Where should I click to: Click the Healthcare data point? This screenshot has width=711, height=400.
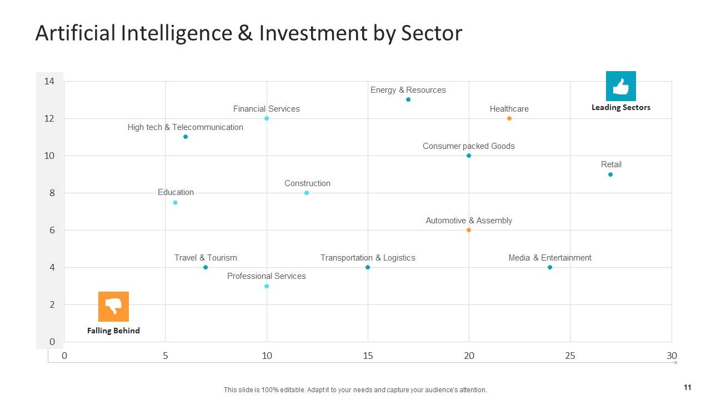click(509, 118)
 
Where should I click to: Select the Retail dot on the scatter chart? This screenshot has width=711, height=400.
click(610, 174)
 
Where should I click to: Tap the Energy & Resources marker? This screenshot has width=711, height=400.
click(408, 99)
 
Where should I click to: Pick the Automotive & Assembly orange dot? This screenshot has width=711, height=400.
click(468, 230)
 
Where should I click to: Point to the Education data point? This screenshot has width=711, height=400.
click(175, 203)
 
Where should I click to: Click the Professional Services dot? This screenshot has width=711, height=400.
click(267, 286)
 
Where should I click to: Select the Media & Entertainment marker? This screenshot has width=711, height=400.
click(550, 267)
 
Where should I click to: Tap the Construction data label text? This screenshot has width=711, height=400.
click(307, 183)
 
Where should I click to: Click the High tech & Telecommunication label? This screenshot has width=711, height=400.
click(186, 127)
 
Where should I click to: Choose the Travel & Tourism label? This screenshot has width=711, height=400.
click(206, 257)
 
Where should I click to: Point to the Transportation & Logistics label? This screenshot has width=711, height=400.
click(368, 258)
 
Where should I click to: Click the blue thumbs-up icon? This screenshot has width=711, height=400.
click(621, 86)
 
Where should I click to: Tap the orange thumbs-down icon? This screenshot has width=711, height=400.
click(113, 307)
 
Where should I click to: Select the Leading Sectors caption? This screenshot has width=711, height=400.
click(621, 108)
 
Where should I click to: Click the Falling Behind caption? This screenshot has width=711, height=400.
click(113, 331)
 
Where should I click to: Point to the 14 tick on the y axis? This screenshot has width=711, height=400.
click(49, 82)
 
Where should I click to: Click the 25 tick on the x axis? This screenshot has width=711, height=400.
click(570, 356)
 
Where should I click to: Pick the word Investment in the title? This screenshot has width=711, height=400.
click(313, 33)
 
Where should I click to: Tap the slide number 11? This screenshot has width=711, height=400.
click(688, 387)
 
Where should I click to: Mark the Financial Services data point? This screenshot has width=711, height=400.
click(267, 118)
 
